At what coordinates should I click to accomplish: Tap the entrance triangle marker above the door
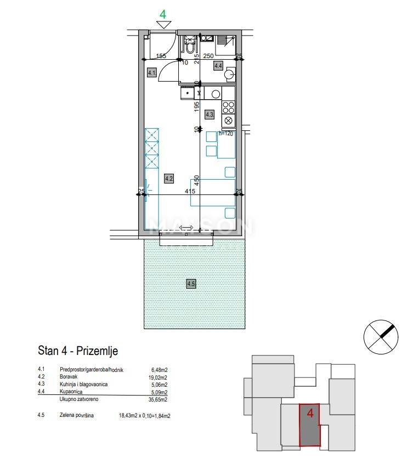tap(163, 24)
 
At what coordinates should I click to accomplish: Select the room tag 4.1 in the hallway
tap(152, 72)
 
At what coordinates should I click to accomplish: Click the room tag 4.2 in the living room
tap(169, 177)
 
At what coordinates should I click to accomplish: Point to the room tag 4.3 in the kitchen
tap(209, 114)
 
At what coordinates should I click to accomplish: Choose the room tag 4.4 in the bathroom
tap(218, 66)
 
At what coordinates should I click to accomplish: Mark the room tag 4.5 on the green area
tap(191, 284)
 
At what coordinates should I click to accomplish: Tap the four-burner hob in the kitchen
tap(228, 107)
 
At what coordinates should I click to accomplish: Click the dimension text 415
tap(190, 192)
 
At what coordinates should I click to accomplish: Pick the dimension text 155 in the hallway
tap(161, 56)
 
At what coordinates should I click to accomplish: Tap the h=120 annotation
tap(227, 133)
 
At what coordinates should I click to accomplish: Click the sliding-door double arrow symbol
tap(186, 228)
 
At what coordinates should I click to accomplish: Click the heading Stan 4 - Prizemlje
tap(78, 351)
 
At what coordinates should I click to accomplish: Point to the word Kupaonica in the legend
tap(72, 392)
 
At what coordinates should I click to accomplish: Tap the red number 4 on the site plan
tap(310, 413)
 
